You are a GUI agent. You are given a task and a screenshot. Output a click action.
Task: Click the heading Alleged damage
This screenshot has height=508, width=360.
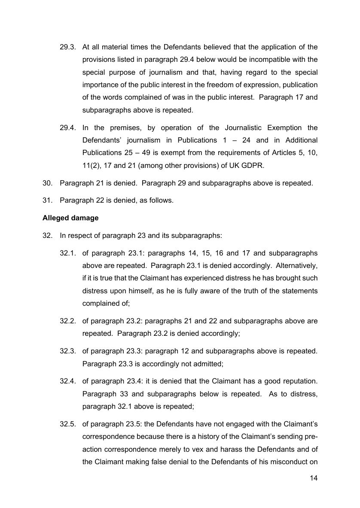pos(70,218)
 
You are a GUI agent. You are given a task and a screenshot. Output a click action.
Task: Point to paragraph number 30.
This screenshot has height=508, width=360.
pos(47,183)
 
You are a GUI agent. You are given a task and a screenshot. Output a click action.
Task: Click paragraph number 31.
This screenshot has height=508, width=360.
pos(47,200)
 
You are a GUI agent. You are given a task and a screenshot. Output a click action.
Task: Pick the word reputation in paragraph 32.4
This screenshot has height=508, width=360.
pos(298,381)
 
